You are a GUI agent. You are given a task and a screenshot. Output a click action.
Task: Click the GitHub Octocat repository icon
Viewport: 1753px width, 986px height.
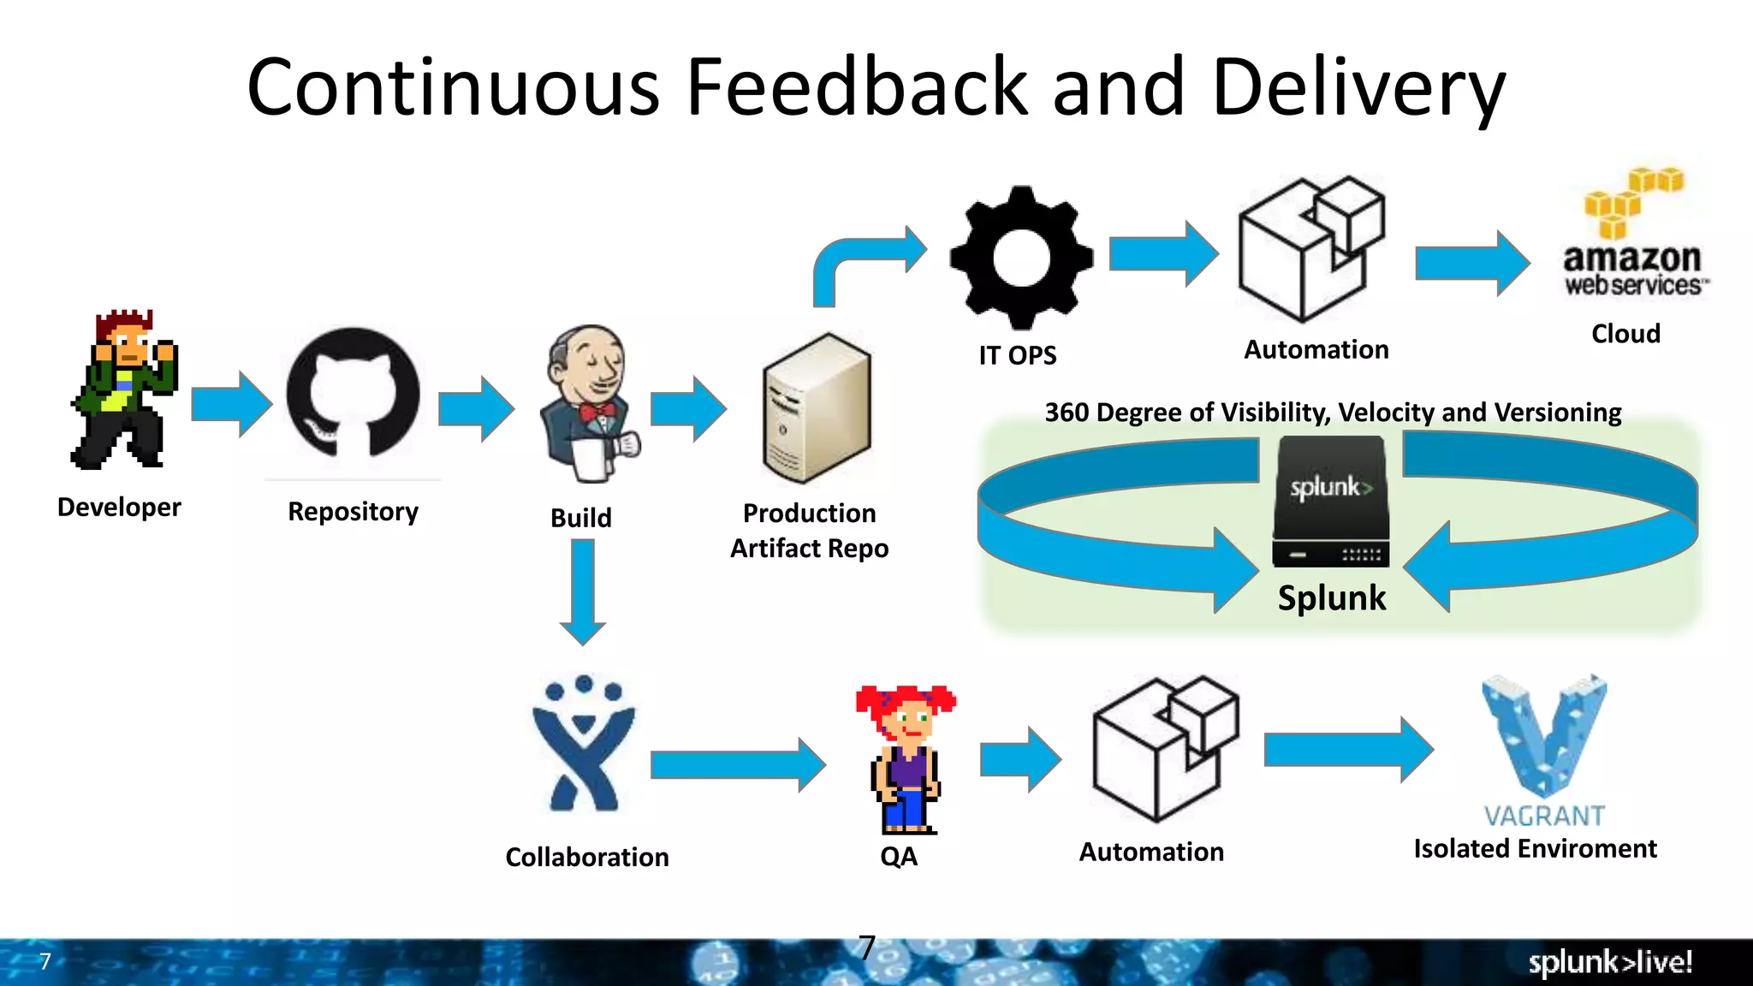pyautogui.click(x=353, y=394)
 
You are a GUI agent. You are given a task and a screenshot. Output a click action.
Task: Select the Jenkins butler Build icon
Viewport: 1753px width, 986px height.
pyautogui.click(x=589, y=402)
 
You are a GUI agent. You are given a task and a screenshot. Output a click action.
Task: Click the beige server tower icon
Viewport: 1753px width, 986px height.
pyautogui.click(x=817, y=409)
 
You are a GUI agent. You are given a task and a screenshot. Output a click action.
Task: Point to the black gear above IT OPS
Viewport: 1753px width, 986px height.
pyautogui.click(x=1021, y=257)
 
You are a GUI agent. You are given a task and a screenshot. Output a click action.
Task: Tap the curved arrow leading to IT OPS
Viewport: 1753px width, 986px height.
pyautogui.click(x=865, y=261)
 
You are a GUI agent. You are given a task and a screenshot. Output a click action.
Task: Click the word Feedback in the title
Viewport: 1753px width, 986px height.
pyautogui.click(x=856, y=87)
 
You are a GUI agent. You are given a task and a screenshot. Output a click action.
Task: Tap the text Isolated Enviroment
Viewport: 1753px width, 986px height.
pyautogui.click(x=1535, y=848)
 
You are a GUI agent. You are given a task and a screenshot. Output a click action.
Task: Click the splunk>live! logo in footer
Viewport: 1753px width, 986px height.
pyautogui.click(x=1610, y=962)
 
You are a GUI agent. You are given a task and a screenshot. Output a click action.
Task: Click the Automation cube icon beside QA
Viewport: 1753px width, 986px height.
pyautogui.click(x=1164, y=749)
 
